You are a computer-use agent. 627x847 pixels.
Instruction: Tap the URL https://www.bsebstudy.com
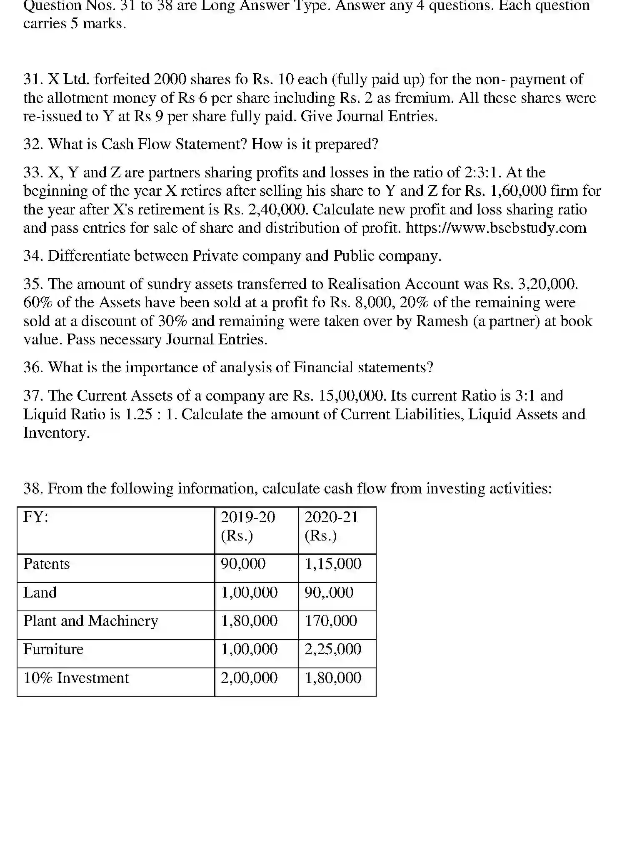pos(496,228)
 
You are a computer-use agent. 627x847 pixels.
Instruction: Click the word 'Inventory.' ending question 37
pos(56,433)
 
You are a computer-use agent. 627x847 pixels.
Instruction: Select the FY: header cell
pos(36,517)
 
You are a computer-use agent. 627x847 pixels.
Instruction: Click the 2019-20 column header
pos(248,517)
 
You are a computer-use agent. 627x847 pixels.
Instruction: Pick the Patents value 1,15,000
pos(333,564)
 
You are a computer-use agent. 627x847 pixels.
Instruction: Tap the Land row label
pos(40,593)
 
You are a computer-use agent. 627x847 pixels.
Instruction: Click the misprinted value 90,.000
pos(329,593)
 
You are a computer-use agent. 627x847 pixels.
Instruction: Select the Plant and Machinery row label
pos(91,621)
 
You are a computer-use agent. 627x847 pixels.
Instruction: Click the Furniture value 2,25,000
pos(333,649)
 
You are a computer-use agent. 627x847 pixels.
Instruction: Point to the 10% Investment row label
pos(76,678)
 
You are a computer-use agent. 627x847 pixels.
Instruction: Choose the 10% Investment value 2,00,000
pos(249,678)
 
